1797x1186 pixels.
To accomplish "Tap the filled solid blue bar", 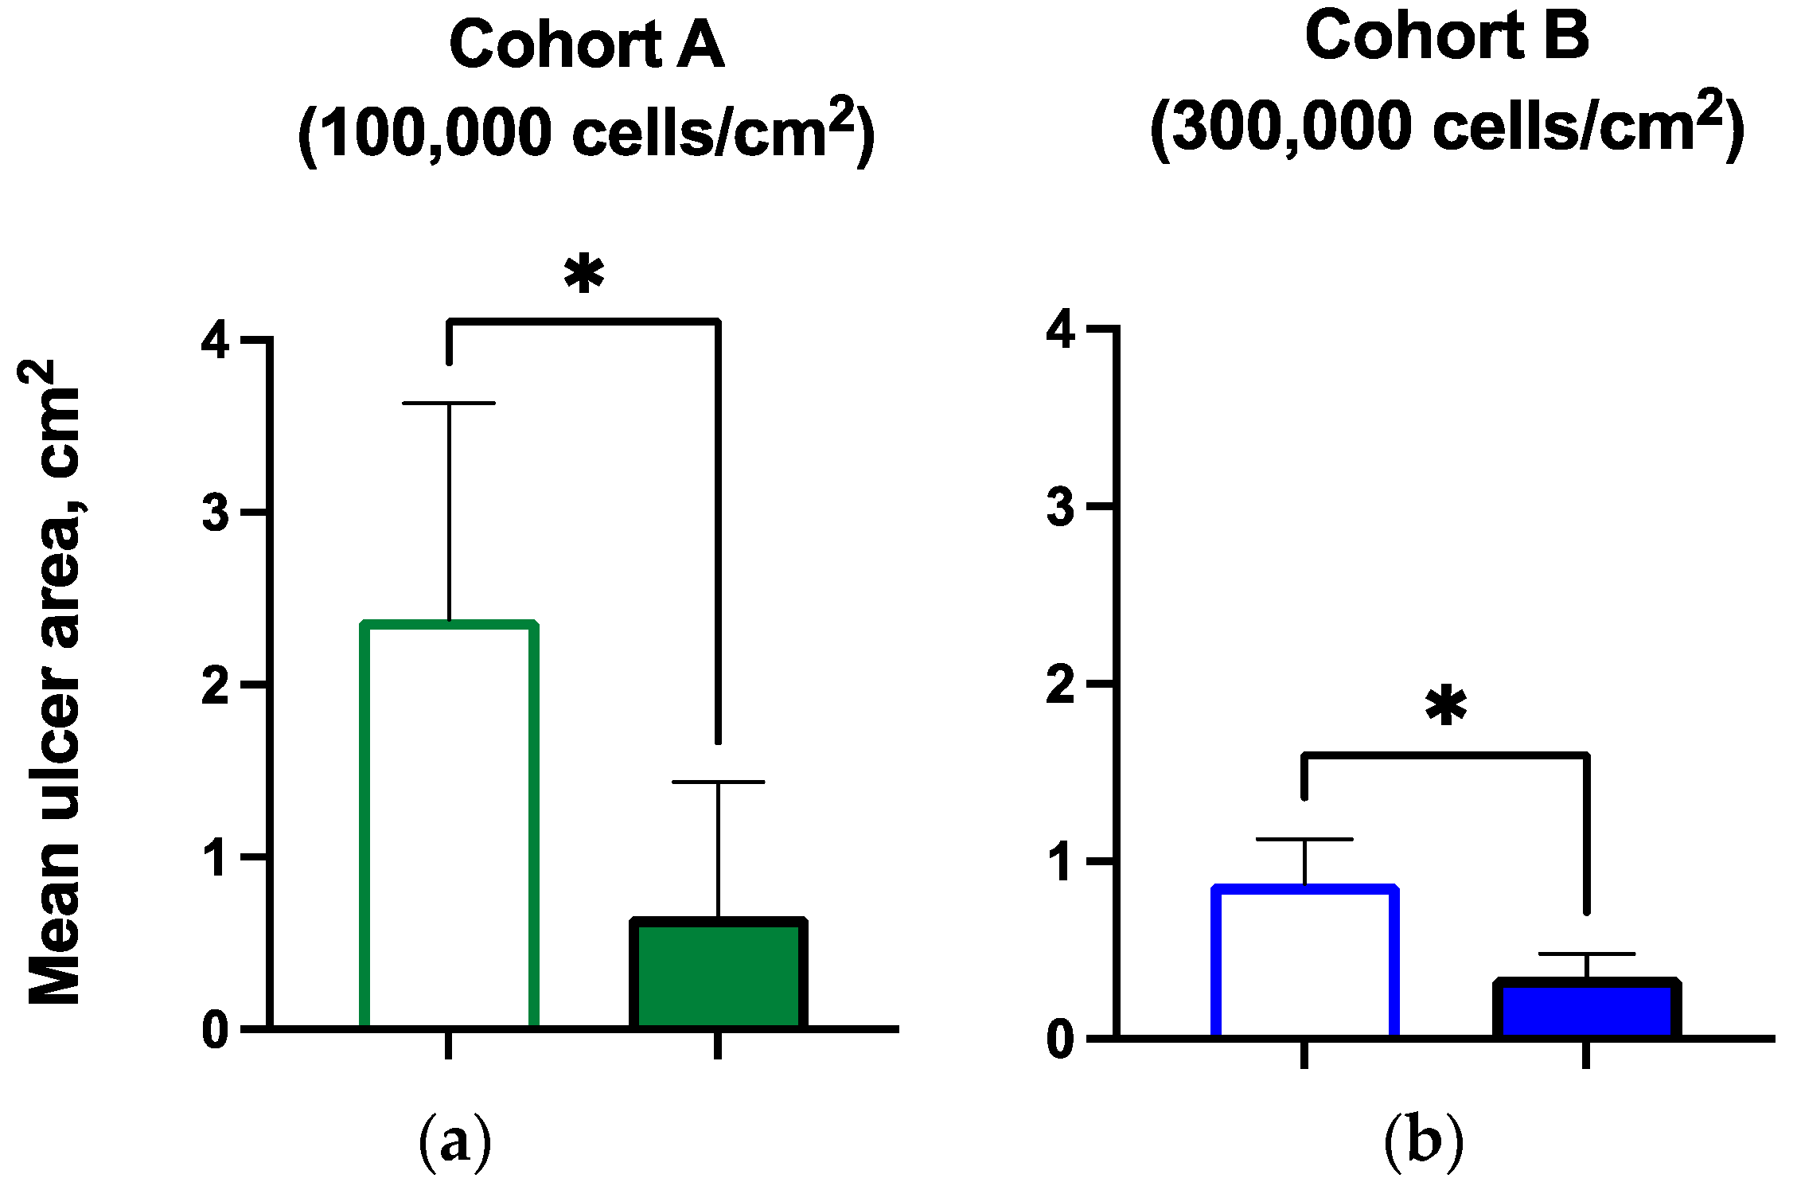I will [1587, 1008].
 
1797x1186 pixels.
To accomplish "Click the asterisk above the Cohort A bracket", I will [584, 275].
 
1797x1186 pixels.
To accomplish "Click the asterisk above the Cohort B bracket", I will [1446, 707].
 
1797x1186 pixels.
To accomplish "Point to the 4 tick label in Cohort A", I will [216, 340].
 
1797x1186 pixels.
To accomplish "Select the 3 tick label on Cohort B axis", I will [1061, 507].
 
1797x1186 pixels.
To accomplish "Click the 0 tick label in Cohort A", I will [216, 1031].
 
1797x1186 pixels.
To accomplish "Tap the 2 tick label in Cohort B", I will [1061, 685].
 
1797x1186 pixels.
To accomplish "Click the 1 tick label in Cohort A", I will [216, 858].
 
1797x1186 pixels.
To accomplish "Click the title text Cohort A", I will [587, 45].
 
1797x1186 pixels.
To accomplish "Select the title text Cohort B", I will [1446, 37].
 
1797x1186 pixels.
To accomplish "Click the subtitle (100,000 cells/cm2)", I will [587, 131].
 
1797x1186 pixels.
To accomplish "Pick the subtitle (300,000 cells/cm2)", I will [1446, 126].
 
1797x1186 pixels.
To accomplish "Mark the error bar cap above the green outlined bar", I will [449, 404].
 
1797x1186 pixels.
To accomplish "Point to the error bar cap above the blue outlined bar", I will [1305, 839].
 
